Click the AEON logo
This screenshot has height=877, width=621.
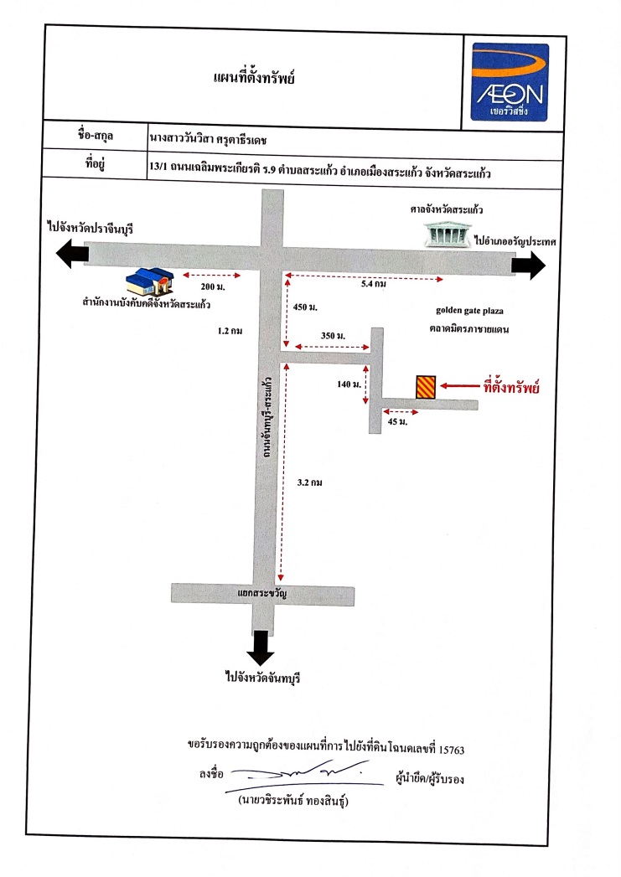[x=509, y=82]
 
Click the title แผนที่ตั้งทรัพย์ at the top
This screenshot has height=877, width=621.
[x=254, y=77]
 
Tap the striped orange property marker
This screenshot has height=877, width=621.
[x=426, y=386]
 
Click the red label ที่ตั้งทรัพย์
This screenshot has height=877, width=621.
[x=511, y=386]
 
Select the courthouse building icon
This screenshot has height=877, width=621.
[x=446, y=234]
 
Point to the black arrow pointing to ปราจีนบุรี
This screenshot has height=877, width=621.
[x=72, y=253]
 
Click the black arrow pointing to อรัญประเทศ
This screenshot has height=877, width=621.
[x=529, y=266]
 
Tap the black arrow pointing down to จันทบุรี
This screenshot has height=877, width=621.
[x=261, y=647]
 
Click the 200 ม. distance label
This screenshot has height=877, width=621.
[x=213, y=287]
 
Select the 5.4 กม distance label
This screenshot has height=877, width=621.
[x=374, y=284]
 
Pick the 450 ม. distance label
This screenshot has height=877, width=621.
[x=305, y=307]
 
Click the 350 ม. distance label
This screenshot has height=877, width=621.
[x=333, y=336]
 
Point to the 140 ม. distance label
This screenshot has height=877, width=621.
[x=349, y=384]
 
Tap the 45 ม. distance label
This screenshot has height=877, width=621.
[x=398, y=421]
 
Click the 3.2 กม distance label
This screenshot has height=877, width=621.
[x=309, y=482]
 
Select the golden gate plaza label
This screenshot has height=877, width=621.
[x=469, y=311]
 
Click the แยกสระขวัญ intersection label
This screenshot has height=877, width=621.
[x=262, y=593]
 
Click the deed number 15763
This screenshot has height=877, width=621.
[x=452, y=750]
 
